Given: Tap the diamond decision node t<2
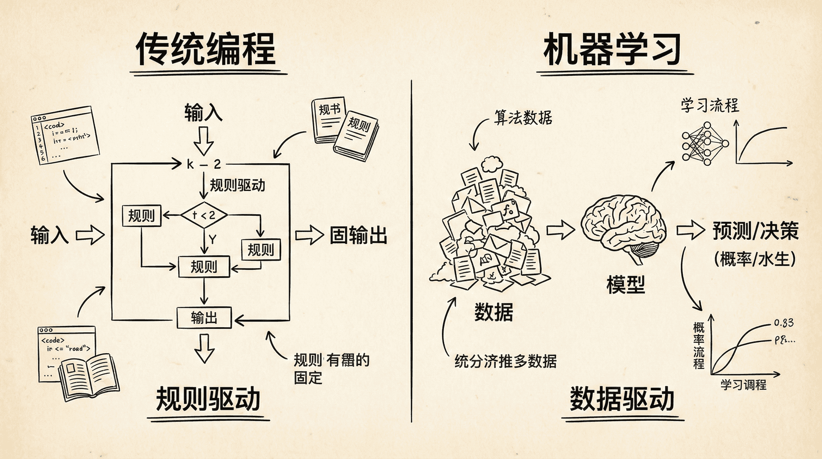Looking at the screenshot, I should tap(204, 215).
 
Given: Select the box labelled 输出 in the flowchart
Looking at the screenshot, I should tap(204, 318).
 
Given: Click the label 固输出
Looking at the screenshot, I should tap(358, 235).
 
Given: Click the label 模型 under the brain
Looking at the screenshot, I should tap(625, 284).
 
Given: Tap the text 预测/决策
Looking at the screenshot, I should tap(756, 231).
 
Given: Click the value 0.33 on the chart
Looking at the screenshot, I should tap(783, 323).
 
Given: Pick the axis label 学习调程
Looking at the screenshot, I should tap(743, 384).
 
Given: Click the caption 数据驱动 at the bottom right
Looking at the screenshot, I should tap(622, 399).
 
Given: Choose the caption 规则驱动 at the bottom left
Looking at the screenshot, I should tap(208, 399).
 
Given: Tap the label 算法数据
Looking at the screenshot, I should tap(523, 117).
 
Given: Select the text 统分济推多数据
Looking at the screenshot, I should tap(506, 361).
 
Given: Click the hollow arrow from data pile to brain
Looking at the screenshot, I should tap(561, 230).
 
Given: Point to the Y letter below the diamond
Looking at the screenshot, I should tap(212, 239).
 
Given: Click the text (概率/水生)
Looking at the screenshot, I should tap(755, 259).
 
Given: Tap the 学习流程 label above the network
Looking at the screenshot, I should tap(710, 105).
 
